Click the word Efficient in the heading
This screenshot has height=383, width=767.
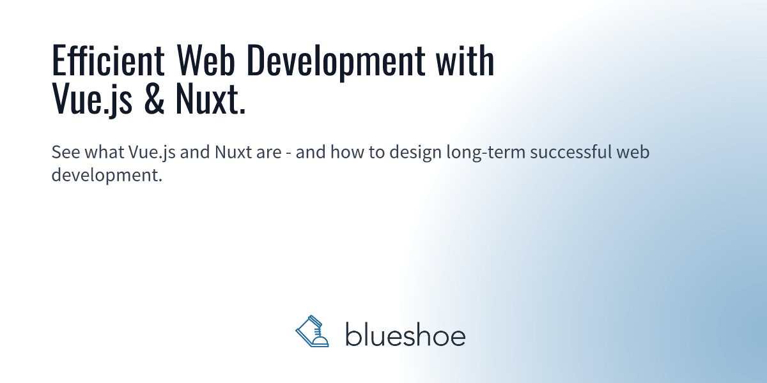click(108, 60)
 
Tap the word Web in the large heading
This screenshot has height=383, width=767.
click(206, 60)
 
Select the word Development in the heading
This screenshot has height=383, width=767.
click(336, 63)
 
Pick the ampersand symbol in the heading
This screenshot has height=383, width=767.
click(154, 99)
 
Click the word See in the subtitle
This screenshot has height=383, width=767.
click(66, 152)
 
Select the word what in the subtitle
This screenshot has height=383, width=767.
click(104, 151)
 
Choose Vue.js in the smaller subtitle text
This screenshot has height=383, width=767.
click(152, 153)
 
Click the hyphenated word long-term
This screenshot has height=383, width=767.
click(486, 153)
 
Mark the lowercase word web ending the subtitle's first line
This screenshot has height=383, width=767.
click(633, 151)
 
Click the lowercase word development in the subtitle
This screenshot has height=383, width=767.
click(107, 176)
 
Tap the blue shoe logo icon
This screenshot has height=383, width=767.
click(313, 331)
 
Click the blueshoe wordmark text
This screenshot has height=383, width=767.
click(405, 334)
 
